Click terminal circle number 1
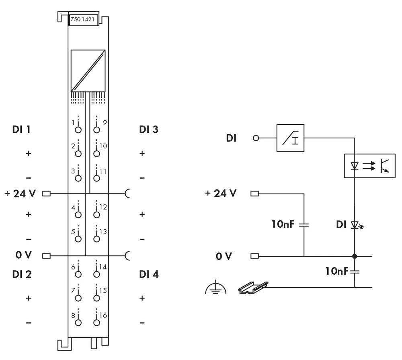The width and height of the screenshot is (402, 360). (78, 130)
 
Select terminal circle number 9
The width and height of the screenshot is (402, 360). (96, 130)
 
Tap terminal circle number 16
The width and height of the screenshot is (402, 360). (96, 322)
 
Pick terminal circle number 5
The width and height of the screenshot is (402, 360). (78, 239)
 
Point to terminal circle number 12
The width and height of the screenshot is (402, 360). (96, 214)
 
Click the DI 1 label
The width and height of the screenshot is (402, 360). (22, 130)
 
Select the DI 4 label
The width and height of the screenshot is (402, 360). (149, 274)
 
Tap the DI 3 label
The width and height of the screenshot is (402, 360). (149, 130)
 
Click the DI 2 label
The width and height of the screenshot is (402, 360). (22, 274)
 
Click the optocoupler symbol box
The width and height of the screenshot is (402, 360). (369, 165)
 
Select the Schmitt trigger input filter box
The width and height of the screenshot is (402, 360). (291, 138)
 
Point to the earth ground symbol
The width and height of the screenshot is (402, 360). (216, 288)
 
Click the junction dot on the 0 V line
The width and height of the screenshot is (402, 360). (355, 256)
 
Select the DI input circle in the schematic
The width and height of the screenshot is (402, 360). (256, 138)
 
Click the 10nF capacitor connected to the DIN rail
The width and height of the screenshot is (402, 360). (355, 272)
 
